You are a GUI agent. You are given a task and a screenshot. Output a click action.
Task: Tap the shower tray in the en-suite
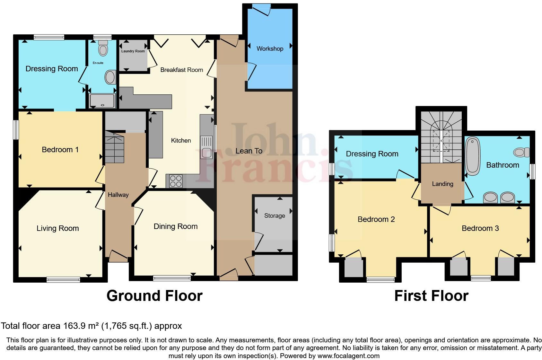tap(102, 101)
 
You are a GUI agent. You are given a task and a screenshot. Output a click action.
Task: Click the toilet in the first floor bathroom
tap(521, 152)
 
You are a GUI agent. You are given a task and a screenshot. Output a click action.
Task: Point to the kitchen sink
tap(206, 147)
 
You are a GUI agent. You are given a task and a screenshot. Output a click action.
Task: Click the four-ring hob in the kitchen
tap(176, 181)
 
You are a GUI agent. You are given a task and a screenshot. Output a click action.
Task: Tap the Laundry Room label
tap(133, 51)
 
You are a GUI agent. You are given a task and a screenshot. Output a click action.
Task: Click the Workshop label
tap(270, 49)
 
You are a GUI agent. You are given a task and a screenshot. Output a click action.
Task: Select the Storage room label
tap(275, 216)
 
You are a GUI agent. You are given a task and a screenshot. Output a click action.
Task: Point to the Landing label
tap(442, 184)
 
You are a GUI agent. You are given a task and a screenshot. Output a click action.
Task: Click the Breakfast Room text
tap(181, 70)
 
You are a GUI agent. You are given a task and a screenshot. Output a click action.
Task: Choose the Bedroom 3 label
tap(480, 228)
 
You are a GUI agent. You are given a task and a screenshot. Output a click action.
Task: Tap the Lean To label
tap(249, 151)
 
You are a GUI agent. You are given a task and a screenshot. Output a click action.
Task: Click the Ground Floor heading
tap(154, 296)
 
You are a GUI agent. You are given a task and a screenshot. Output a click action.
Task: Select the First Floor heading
tap(431, 296)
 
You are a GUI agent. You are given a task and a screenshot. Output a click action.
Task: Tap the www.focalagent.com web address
tap(348, 356)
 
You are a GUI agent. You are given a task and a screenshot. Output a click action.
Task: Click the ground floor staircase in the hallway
tap(114, 149)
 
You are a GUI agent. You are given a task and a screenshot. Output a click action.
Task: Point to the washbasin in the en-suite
tap(110, 77)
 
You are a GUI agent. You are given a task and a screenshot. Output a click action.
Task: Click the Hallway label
tap(118, 195)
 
